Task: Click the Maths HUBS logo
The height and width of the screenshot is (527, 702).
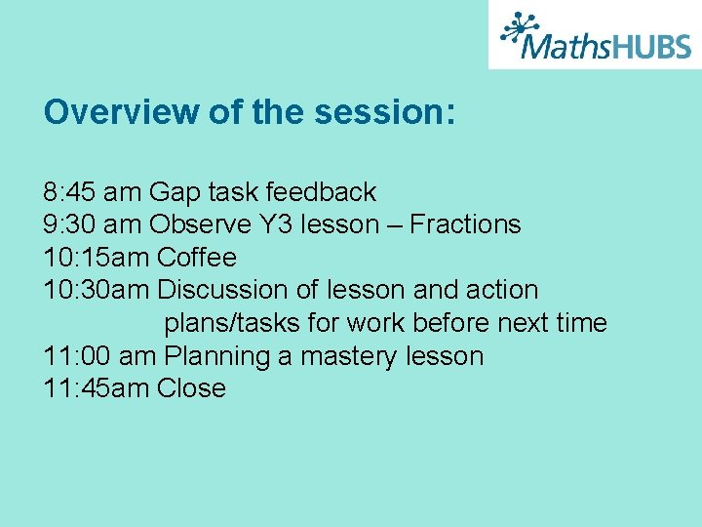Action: pyautogui.click(x=595, y=35)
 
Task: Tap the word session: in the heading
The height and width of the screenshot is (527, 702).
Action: pyautogui.click(x=385, y=112)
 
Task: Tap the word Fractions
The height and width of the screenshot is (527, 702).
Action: pyautogui.click(x=465, y=224)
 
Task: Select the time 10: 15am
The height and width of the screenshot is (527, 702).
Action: pyautogui.click(x=97, y=258)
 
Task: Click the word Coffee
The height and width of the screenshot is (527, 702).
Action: pyautogui.click(x=197, y=258)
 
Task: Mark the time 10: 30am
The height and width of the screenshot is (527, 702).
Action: pyautogui.click(x=97, y=290)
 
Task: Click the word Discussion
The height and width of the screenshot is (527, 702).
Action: pyautogui.click(x=223, y=290)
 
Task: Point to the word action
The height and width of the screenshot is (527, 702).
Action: pyautogui.click(x=502, y=290)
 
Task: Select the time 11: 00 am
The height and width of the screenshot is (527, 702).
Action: pyautogui.click(x=100, y=355)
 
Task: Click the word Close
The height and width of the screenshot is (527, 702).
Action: pyautogui.click(x=191, y=388)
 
